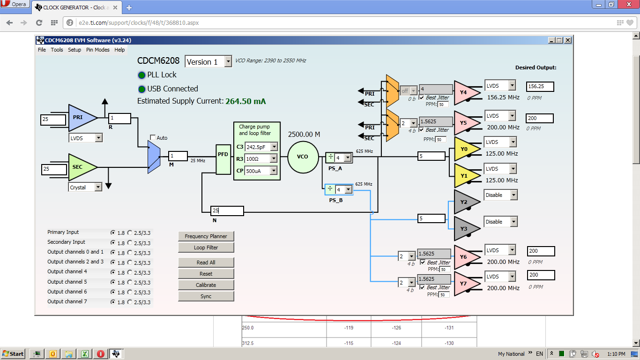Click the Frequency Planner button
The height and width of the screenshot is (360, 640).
[x=206, y=236]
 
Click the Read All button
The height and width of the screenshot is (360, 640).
[x=206, y=262]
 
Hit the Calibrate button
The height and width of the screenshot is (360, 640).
[x=206, y=285]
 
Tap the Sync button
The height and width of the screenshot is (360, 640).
[x=206, y=296]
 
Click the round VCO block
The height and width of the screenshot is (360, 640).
[x=303, y=157]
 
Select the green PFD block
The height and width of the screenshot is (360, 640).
[x=223, y=159]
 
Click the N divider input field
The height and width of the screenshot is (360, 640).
[x=227, y=211]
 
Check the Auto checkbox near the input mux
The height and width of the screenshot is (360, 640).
[x=153, y=137]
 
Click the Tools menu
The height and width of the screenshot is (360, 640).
[x=57, y=50]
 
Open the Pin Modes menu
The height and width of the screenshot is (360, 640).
[x=98, y=50]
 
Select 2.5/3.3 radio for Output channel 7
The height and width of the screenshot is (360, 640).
[x=130, y=302]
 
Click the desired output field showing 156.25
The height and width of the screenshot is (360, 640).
[x=540, y=86]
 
